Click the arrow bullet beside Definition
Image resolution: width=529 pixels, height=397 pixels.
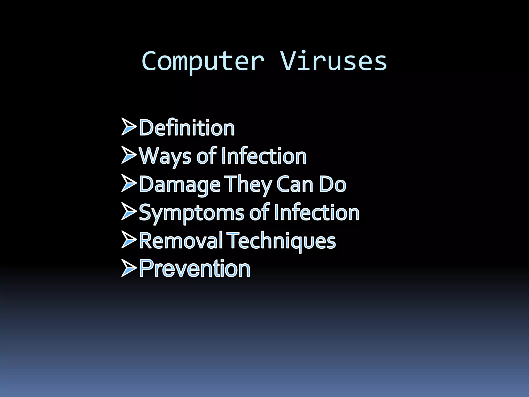pos(129,127)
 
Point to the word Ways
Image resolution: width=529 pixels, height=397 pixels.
pos(165,156)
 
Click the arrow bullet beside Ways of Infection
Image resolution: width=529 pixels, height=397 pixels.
pos(129,155)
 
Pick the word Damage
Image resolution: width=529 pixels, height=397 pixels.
pos(180,184)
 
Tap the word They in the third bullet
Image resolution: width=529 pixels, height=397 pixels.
pos(248,184)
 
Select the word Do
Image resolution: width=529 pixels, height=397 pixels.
pos(333,184)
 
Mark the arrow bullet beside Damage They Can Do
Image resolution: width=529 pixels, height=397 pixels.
pos(129,183)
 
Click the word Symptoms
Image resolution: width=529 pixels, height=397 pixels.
pos(191,213)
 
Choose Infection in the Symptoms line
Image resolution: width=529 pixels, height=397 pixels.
pos(317,212)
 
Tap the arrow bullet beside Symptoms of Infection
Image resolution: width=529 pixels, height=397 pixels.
pos(129,211)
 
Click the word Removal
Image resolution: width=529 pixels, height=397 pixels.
pos(181,241)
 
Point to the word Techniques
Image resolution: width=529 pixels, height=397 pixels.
pos(282,241)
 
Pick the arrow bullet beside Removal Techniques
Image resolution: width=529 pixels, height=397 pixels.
pos(129,240)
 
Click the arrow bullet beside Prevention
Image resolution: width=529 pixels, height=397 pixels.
pos(129,268)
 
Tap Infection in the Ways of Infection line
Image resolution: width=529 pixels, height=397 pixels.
pos(264,156)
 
